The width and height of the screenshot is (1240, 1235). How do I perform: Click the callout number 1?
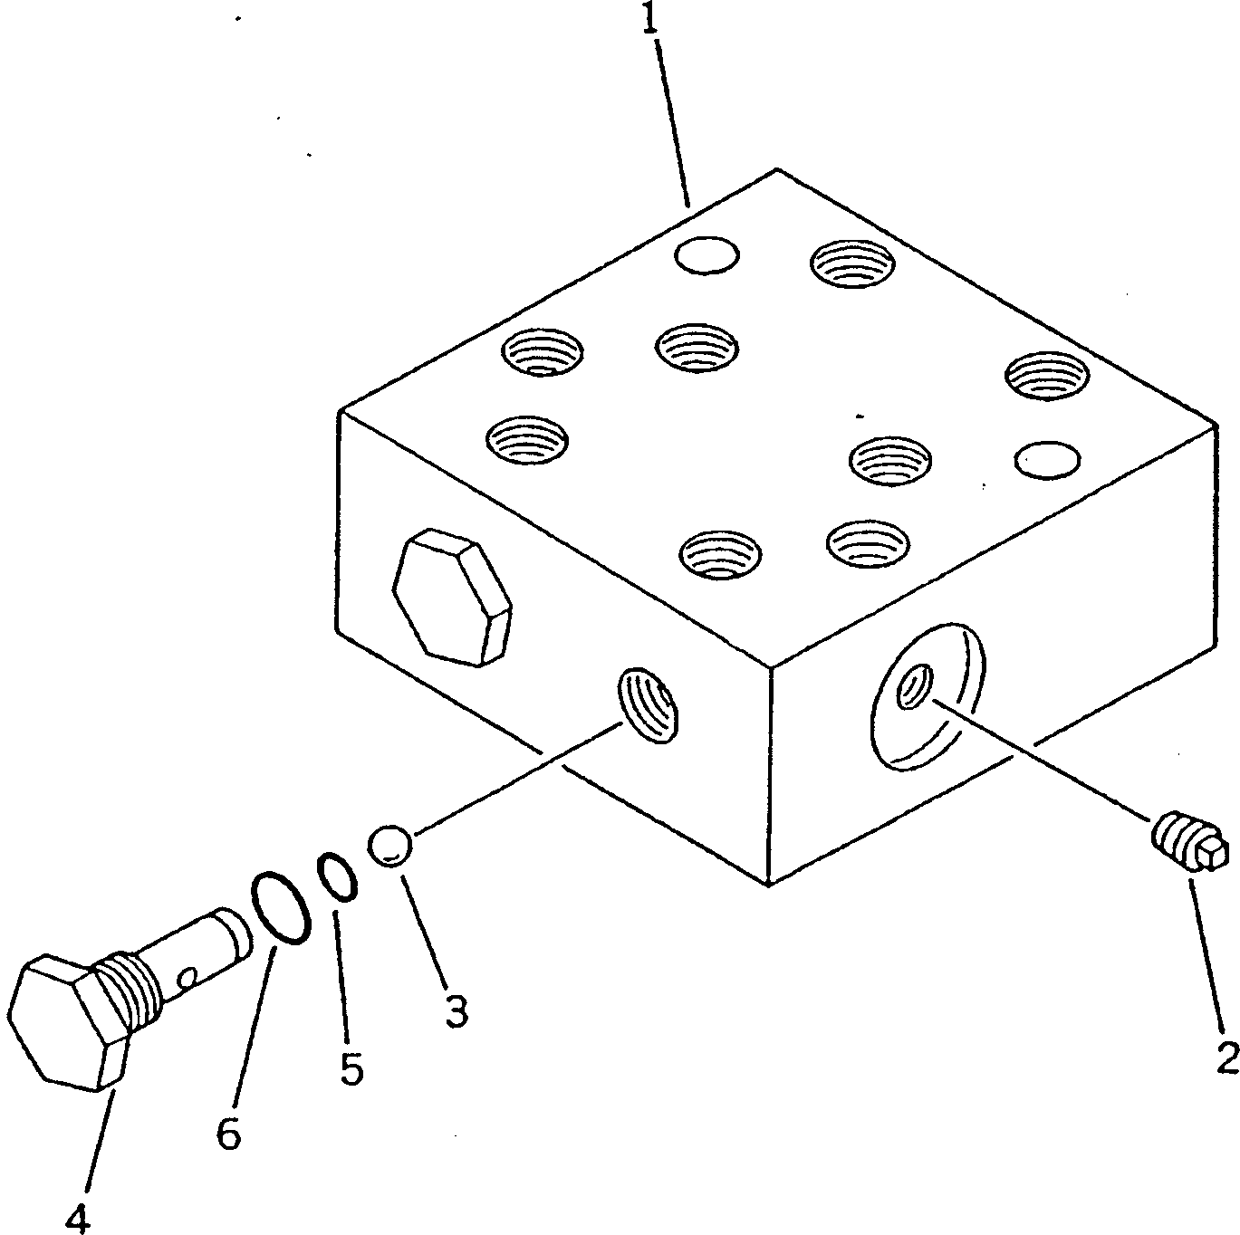[x=650, y=18]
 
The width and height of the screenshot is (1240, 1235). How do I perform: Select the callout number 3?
[x=457, y=1011]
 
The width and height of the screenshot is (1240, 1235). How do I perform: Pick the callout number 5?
[x=352, y=1069]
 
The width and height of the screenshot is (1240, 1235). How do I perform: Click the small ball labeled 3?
[x=390, y=846]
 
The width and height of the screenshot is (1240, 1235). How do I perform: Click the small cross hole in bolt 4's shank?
[x=186, y=979]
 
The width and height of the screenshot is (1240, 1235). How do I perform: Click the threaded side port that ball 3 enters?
[x=648, y=706]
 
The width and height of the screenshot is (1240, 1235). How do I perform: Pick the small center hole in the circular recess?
[x=915, y=687]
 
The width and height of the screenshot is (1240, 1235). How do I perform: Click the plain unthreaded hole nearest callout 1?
[x=707, y=255]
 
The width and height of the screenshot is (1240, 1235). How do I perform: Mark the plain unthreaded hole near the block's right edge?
[x=1047, y=460]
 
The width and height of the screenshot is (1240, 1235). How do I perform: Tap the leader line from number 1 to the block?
[x=672, y=122]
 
